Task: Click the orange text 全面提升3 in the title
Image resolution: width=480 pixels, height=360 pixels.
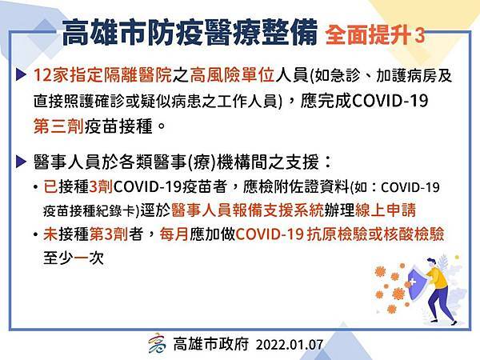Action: click(x=376, y=35)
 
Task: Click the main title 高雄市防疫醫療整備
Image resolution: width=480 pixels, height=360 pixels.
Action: click(x=190, y=33)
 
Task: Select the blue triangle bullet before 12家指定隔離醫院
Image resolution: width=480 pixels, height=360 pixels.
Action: click(x=21, y=75)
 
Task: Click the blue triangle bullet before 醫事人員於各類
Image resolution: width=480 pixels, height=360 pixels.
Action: click(x=21, y=162)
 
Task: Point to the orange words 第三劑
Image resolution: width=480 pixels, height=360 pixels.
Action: click(x=58, y=126)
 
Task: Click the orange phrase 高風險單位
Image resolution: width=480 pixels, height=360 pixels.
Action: click(x=232, y=75)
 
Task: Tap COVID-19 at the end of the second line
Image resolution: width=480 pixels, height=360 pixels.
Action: click(x=390, y=101)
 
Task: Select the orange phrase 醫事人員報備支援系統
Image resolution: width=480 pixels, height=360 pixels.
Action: click(x=248, y=210)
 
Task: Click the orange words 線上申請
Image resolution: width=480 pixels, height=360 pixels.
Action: click(x=386, y=210)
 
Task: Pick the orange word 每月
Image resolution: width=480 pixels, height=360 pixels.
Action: click(x=174, y=234)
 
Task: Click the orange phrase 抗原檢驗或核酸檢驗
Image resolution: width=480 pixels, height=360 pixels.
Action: click(x=375, y=234)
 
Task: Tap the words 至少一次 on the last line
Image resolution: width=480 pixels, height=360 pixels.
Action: click(x=74, y=258)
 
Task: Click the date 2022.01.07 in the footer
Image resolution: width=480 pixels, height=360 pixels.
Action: click(x=290, y=344)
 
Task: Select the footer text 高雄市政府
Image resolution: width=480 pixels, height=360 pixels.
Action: click(x=211, y=344)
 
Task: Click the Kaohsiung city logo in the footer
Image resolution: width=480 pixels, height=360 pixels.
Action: click(x=158, y=343)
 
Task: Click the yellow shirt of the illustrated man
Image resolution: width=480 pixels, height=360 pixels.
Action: click(x=438, y=277)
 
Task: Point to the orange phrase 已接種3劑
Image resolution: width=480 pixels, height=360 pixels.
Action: click(x=78, y=186)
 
